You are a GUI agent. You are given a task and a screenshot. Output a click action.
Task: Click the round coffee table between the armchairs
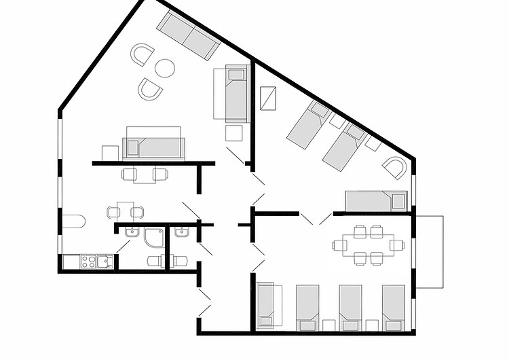click(165, 68)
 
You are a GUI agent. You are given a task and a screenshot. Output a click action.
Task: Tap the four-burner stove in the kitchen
click(90, 261)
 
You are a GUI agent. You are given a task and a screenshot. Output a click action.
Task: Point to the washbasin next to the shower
click(132, 232)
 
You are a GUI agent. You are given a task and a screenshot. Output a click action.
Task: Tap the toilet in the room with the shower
click(155, 261)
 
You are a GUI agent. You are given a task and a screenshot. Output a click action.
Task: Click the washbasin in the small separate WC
click(181, 232)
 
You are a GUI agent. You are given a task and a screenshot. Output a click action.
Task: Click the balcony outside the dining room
click(429, 251)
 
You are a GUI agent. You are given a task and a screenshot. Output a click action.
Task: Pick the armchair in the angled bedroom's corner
click(395, 167)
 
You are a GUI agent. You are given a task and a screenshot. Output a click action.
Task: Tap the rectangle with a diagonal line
click(269, 98)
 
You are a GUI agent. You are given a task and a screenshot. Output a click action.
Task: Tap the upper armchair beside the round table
click(144, 54)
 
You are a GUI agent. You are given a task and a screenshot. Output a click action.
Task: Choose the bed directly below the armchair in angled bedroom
click(375, 201)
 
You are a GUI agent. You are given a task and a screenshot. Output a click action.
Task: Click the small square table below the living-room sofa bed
click(235, 132)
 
